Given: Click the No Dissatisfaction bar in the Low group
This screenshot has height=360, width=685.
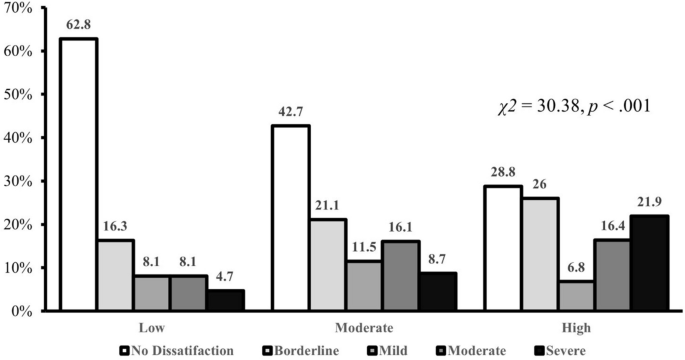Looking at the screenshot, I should pos(78,175).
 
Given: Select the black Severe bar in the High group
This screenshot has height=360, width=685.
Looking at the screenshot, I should pos(650,263).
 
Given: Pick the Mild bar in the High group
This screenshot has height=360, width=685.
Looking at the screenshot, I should pos(576,296).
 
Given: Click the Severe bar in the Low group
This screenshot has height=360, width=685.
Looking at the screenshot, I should pos(226,300).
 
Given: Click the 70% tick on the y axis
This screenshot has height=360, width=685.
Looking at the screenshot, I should pos(18,8).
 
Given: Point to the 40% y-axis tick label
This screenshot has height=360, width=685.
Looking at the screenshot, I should pos(18,138).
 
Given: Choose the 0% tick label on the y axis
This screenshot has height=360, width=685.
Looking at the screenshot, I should pos(22,311).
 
